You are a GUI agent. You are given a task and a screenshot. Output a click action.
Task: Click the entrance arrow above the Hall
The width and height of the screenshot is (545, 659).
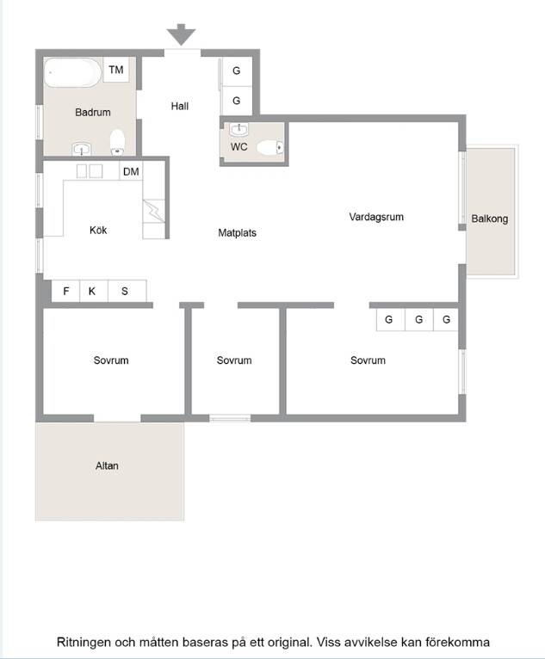coord(182,34)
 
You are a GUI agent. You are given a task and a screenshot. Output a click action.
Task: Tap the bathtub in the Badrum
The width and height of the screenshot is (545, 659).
coord(72,72)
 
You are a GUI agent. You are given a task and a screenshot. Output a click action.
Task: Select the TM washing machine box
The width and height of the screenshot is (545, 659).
coord(116,70)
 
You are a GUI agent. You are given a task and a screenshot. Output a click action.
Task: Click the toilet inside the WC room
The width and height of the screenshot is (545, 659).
coord(270,147)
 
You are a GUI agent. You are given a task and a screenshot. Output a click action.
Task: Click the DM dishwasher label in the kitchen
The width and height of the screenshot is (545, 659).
coord(131,171)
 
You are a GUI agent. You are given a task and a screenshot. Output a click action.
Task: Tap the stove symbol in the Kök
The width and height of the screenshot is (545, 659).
coord(154,211)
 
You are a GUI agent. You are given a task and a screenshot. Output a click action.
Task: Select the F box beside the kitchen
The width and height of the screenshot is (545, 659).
coord(65,291)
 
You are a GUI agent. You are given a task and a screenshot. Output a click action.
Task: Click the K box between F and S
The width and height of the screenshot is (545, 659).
coord(93,291)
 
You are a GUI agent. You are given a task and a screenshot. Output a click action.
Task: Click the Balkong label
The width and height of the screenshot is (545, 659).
coord(490,219)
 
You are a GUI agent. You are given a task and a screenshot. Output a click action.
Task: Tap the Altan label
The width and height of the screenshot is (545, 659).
coord(107,465)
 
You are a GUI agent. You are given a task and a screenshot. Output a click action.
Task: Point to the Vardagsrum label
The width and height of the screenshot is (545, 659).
coord(376,218)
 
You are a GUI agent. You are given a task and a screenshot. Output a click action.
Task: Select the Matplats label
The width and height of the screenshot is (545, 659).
coord(237,233)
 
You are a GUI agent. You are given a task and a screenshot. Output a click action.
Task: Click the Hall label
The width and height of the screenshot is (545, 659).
coord(180,106)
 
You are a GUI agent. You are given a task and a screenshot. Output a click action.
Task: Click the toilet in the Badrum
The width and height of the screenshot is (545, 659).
coord(117,142)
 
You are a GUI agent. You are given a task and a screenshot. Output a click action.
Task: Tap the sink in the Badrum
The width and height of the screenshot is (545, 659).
coord(82,149)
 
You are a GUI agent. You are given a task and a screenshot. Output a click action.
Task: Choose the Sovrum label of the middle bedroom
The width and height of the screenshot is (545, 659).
coord(234,360)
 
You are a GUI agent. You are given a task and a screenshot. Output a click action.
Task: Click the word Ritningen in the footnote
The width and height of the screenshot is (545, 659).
coord(84,642)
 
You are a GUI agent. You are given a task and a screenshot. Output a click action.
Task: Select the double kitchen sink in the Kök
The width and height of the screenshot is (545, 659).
coord(90,171)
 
